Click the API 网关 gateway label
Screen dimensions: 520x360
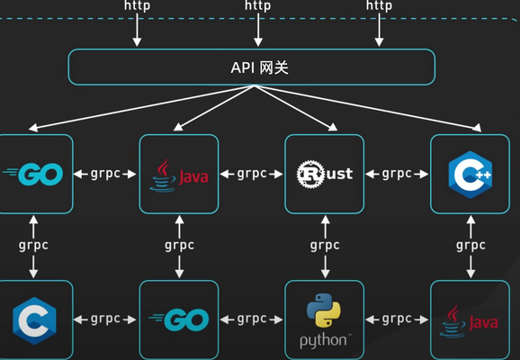click(x=259, y=67)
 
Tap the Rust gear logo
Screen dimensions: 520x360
click(x=310, y=175)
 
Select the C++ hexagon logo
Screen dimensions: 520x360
click(x=471, y=175)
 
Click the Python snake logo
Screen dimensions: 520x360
click(x=324, y=310)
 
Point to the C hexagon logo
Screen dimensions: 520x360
click(x=34, y=320)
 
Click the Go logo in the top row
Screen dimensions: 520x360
click(x=32, y=174)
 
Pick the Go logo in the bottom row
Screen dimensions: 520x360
click(x=179, y=319)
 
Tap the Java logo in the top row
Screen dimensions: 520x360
click(x=179, y=175)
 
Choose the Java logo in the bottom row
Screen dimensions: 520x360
click(x=469, y=320)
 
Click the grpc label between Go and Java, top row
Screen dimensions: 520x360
click(x=105, y=174)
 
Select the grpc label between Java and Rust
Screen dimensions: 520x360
click(x=252, y=174)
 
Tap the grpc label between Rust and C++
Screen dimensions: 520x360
click(x=397, y=174)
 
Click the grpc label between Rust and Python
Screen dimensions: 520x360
click(x=325, y=246)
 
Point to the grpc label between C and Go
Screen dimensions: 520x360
click(x=105, y=319)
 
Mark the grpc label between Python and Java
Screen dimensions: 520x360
click(x=397, y=319)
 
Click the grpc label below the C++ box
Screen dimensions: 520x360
click(x=471, y=246)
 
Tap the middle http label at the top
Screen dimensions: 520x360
click(x=258, y=5)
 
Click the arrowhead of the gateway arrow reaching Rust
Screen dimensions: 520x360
click(x=333, y=127)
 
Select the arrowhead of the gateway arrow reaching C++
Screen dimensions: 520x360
click(x=477, y=128)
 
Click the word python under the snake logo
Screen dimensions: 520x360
click(x=324, y=340)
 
